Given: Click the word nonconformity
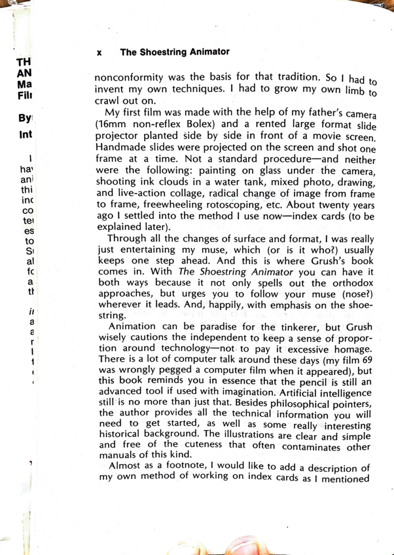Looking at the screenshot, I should [x=127, y=78].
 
